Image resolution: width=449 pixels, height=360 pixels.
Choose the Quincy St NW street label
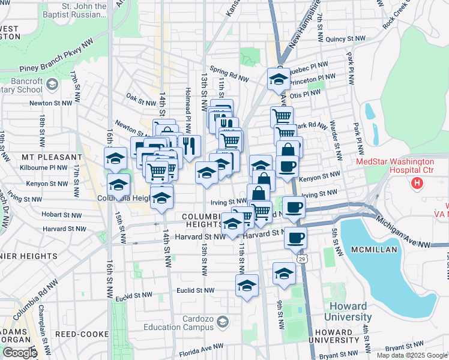tap(345, 39)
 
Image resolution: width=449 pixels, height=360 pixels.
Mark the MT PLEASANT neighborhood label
tap(51, 157)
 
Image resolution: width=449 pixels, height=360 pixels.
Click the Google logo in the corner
tap(20, 353)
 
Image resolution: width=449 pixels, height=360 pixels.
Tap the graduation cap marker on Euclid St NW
tap(246, 286)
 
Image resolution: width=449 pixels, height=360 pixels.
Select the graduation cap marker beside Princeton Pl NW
tap(279, 79)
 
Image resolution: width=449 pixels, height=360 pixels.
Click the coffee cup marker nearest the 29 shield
tap(295, 237)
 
